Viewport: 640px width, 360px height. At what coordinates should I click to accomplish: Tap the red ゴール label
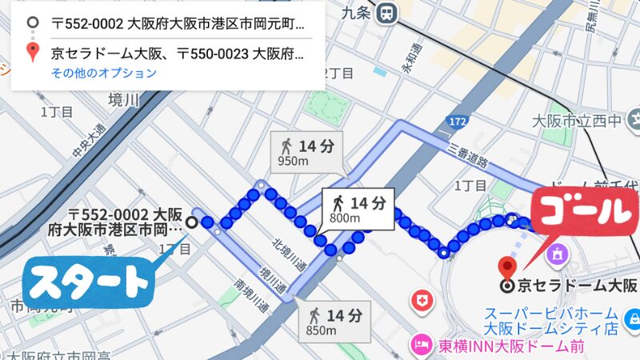(582, 212)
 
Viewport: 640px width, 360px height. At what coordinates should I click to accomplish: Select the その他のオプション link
(104, 73)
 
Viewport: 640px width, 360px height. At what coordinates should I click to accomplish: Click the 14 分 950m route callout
(306, 152)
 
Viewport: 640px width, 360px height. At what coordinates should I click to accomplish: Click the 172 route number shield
(456, 122)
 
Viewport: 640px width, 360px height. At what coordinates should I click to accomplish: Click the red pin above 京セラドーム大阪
(505, 267)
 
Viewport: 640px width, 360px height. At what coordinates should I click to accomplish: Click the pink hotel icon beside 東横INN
(418, 346)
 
